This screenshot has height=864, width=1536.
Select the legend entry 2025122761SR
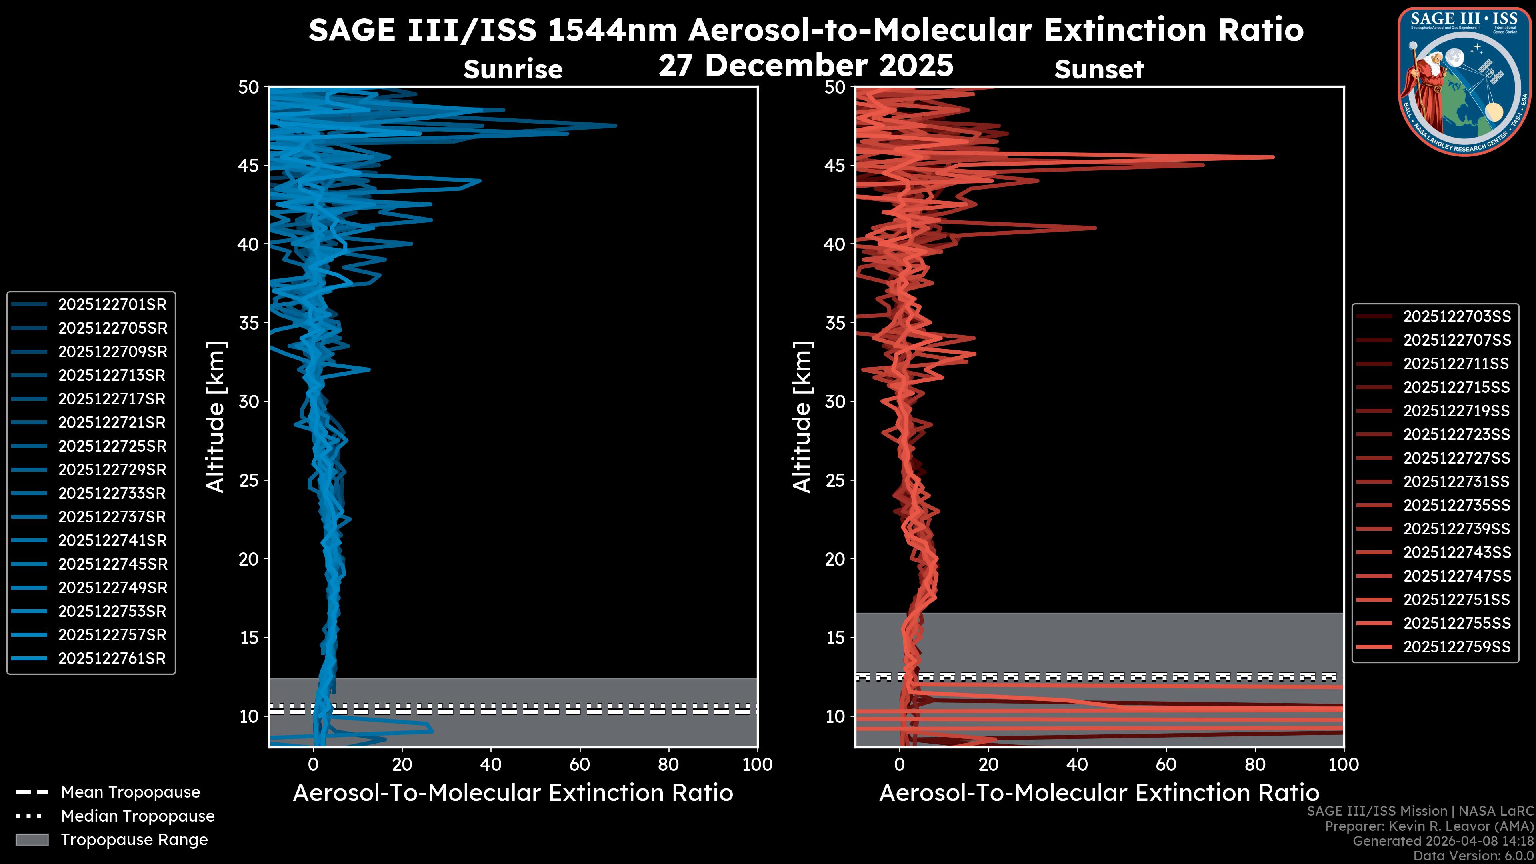tap(112, 659)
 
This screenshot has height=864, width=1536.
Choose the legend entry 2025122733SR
tap(112, 494)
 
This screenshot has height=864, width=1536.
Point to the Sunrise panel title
tap(513, 70)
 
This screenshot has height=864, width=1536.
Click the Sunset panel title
tap(1099, 70)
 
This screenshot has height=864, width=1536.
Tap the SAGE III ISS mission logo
tap(1464, 82)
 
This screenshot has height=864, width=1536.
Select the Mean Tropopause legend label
tap(130, 792)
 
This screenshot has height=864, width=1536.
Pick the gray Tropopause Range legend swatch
tap(32, 840)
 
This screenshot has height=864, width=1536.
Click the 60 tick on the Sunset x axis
tap(1166, 764)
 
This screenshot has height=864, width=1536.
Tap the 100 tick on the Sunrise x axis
tap(757, 764)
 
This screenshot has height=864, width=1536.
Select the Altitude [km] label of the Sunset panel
tap(802, 417)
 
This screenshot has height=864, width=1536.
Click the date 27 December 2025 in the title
tap(806, 66)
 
